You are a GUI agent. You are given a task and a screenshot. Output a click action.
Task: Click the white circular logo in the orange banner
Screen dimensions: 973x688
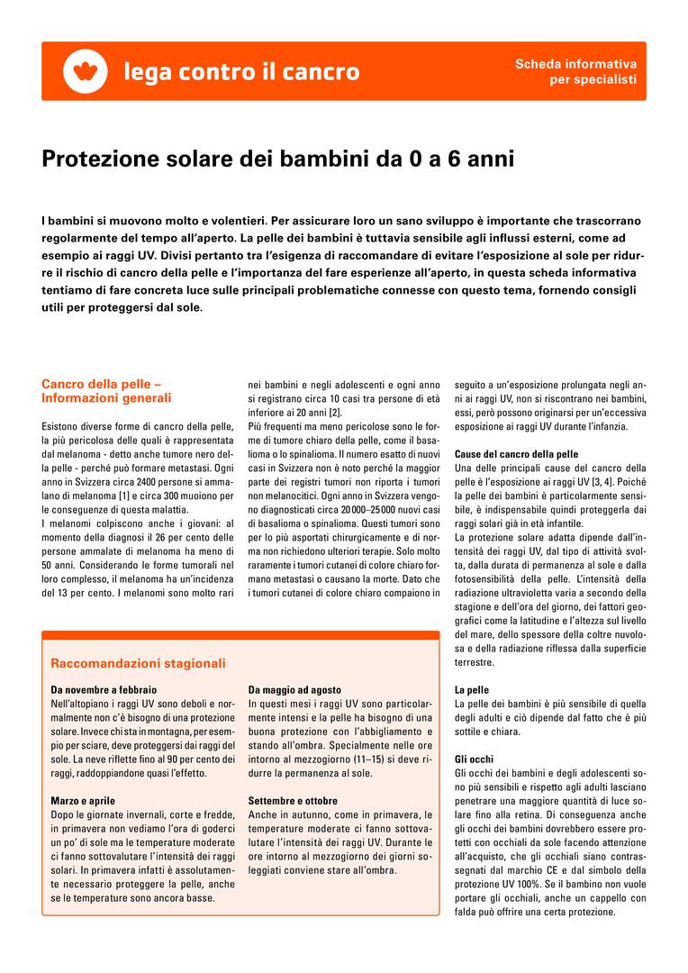click(86, 71)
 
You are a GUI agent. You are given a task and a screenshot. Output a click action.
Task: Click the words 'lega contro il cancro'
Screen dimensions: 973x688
click(241, 72)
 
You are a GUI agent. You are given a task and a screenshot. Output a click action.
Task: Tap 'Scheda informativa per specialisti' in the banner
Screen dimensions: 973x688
click(575, 72)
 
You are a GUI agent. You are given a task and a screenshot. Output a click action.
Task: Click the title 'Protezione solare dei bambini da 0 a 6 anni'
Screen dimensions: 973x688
click(278, 160)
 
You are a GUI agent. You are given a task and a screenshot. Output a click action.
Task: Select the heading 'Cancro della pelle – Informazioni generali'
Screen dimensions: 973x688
click(106, 390)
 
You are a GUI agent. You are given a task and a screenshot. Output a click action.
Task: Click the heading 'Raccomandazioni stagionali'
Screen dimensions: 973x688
click(138, 664)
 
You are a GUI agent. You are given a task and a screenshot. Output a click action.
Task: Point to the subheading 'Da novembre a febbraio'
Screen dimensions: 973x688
click(104, 689)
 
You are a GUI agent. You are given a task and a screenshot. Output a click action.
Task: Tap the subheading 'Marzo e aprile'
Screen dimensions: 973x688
click(83, 801)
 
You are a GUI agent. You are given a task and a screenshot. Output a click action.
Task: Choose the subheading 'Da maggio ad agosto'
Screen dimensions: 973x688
click(294, 689)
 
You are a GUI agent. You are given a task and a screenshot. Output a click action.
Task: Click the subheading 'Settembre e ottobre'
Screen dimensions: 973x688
click(293, 801)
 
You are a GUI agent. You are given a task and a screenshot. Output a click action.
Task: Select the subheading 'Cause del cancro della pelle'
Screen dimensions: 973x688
click(516, 454)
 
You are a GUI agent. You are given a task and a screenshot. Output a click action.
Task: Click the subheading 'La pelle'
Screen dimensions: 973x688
click(472, 689)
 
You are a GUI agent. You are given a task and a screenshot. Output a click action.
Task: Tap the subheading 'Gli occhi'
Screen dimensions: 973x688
click(475, 759)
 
